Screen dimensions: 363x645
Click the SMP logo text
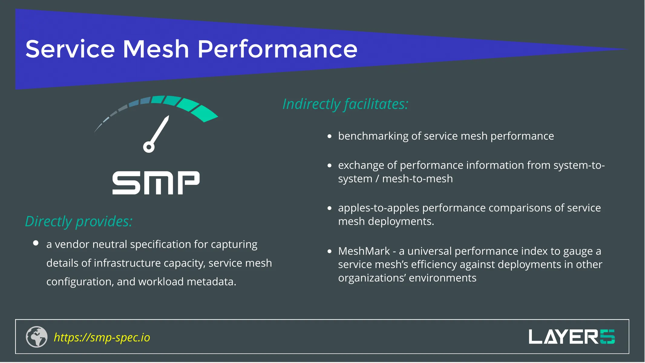156,183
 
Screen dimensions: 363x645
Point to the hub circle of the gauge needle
149,147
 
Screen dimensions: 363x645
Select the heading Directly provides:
79,221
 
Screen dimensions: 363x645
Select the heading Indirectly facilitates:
345,104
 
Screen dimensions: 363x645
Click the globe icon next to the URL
37,337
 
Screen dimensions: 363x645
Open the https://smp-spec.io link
102,337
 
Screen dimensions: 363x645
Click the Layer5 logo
571,337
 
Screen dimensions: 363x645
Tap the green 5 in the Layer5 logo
607,337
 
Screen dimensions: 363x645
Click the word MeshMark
364,251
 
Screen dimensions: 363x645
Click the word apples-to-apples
378,208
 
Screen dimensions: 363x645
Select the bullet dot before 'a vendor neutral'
36,243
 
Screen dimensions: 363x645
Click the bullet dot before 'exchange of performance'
329,165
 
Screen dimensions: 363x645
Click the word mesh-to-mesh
417,179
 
